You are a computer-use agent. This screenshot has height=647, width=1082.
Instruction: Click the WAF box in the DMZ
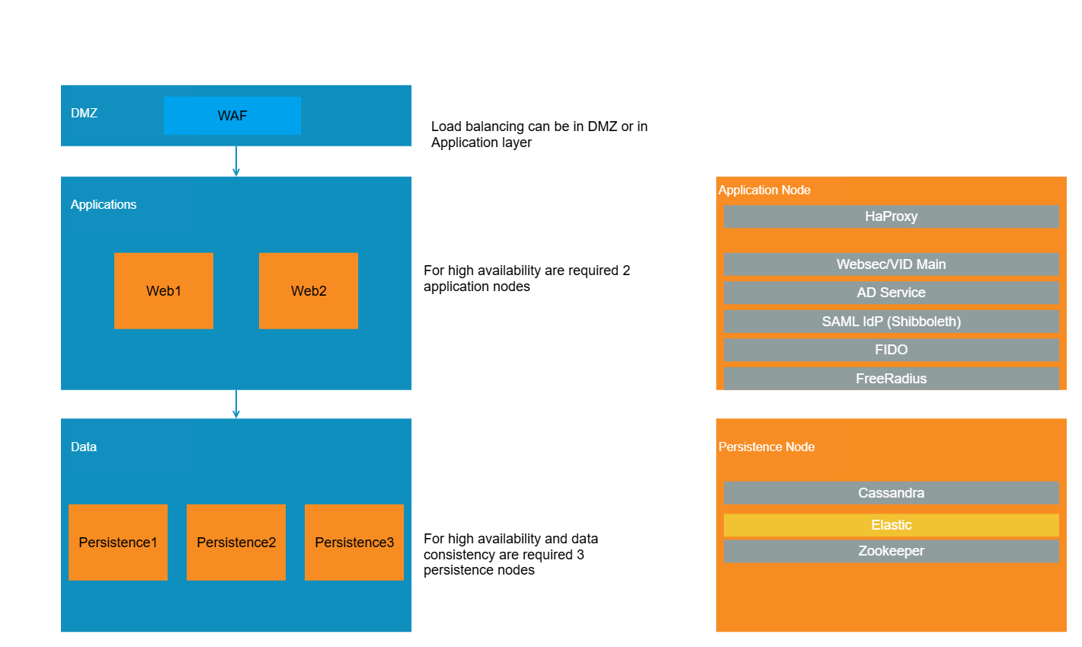tap(232, 116)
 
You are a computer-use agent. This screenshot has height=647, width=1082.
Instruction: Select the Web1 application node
tap(164, 291)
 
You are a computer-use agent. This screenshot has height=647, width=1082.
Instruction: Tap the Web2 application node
tap(309, 291)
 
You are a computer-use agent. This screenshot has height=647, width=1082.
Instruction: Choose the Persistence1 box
tap(118, 543)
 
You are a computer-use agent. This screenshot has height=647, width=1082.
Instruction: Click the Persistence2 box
tap(236, 543)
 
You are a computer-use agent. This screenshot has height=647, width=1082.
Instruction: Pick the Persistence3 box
tap(354, 543)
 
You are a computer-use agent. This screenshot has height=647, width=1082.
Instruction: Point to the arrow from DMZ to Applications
tap(236, 162)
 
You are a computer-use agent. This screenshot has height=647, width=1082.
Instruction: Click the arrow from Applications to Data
tap(236, 404)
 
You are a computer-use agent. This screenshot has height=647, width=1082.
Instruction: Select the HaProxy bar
tap(891, 216)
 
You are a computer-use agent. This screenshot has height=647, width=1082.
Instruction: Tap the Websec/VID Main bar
tap(891, 264)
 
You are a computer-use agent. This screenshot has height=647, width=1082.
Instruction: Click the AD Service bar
tap(891, 293)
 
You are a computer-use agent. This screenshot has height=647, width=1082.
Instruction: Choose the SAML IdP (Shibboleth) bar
tap(891, 322)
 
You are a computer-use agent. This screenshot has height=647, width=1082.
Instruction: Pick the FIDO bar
tap(891, 350)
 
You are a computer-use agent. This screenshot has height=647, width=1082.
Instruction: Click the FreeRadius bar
tap(891, 379)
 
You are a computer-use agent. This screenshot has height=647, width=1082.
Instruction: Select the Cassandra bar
tap(891, 493)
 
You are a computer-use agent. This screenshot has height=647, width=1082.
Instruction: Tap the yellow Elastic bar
tap(891, 525)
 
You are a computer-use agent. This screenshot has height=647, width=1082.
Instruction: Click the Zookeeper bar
tap(891, 551)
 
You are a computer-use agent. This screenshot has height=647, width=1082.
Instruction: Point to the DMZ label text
tap(84, 113)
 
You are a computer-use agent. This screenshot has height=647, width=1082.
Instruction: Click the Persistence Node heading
tap(767, 447)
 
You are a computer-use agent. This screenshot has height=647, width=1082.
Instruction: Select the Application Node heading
tap(764, 190)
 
